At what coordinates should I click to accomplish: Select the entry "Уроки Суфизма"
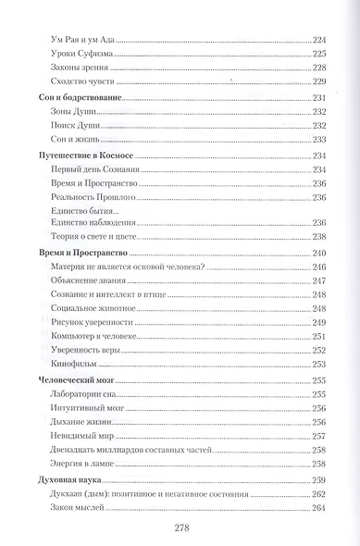(86, 55)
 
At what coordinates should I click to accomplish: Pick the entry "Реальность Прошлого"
(96, 195)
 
